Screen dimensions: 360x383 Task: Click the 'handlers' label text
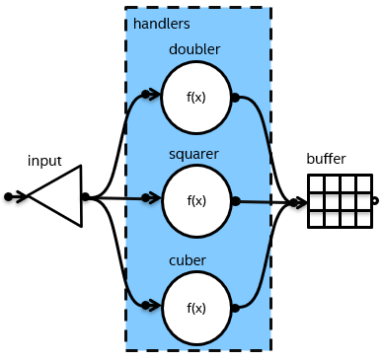click(161, 23)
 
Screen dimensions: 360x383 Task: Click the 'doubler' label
click(194, 49)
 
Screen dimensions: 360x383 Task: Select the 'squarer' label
click(193, 154)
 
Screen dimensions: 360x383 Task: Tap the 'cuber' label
click(188, 260)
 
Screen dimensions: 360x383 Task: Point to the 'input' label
click(44, 161)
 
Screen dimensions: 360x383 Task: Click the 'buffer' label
click(326, 159)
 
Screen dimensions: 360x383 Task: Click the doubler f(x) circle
click(196, 97)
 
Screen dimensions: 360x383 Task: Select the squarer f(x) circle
click(196, 200)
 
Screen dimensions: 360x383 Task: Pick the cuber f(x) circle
click(196, 308)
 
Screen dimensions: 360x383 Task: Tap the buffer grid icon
click(339, 201)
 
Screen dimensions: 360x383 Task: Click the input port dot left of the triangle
click(9, 197)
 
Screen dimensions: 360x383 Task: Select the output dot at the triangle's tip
click(86, 197)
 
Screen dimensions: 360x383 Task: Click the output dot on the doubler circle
click(235, 98)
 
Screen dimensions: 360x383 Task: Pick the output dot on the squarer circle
click(235, 200)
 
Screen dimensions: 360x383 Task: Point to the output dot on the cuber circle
click(235, 308)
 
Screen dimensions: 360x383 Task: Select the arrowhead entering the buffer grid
click(299, 203)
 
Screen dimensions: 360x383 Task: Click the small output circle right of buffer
click(375, 201)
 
